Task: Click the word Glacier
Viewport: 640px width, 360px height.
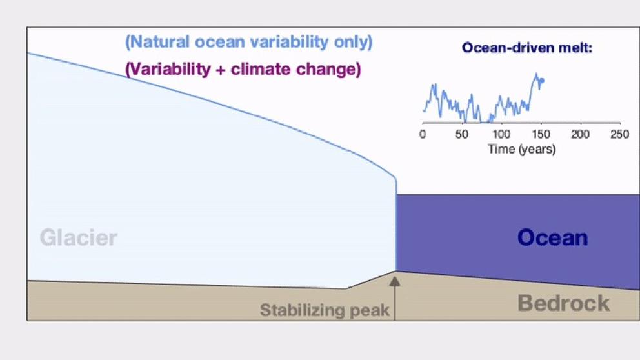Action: click(x=78, y=238)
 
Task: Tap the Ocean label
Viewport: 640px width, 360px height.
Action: click(x=552, y=237)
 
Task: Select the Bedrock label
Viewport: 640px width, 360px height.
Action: click(x=563, y=303)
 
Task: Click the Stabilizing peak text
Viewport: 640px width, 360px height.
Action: click(x=325, y=311)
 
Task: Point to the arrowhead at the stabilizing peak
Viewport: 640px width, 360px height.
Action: click(x=395, y=281)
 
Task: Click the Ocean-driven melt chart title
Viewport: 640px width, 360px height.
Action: click(x=527, y=48)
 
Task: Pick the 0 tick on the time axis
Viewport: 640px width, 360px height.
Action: click(x=423, y=134)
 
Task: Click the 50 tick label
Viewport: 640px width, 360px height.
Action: click(x=461, y=134)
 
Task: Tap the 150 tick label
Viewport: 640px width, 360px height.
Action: click(x=541, y=134)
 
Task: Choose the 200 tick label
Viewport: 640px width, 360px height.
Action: click(x=580, y=134)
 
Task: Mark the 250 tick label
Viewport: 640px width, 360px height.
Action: click(x=619, y=134)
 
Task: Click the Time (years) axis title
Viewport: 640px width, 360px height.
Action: click(x=521, y=149)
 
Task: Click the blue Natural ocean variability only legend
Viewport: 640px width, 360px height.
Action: click(x=249, y=43)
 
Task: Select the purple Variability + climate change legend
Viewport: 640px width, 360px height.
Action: click(x=243, y=69)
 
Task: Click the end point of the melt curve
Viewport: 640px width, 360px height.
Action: click(x=543, y=81)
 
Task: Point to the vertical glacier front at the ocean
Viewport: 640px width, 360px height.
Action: click(x=395, y=226)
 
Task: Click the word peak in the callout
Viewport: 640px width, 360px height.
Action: click(x=370, y=311)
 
